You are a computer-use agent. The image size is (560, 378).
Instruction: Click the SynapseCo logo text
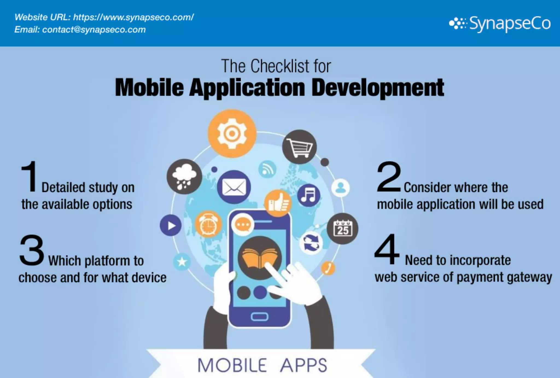point(510,24)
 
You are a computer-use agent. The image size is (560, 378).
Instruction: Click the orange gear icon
point(232,134)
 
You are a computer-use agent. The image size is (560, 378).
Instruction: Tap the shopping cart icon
point(299,147)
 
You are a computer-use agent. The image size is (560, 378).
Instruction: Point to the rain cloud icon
point(184,177)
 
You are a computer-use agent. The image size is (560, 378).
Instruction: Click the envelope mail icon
point(234,187)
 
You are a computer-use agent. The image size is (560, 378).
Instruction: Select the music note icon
point(308,195)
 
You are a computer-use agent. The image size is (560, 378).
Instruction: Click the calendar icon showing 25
point(342,228)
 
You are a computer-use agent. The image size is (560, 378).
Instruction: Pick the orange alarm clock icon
point(208,224)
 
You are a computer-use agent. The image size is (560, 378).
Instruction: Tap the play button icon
point(171,225)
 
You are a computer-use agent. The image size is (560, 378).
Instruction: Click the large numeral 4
point(387,249)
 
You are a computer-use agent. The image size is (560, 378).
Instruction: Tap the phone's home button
point(259,317)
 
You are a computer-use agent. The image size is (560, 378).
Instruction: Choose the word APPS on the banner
point(304,365)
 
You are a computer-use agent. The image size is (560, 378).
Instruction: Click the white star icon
point(182,262)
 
